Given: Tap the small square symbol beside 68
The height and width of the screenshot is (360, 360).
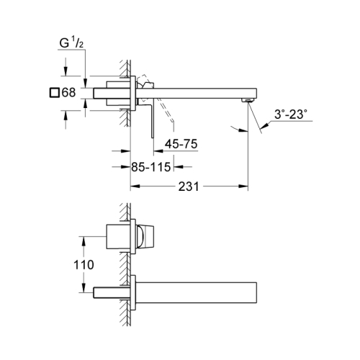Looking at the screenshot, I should (54, 93).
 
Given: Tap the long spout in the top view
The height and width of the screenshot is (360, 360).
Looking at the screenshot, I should (194, 92).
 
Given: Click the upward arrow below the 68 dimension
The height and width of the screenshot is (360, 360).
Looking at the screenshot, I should (66, 110).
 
